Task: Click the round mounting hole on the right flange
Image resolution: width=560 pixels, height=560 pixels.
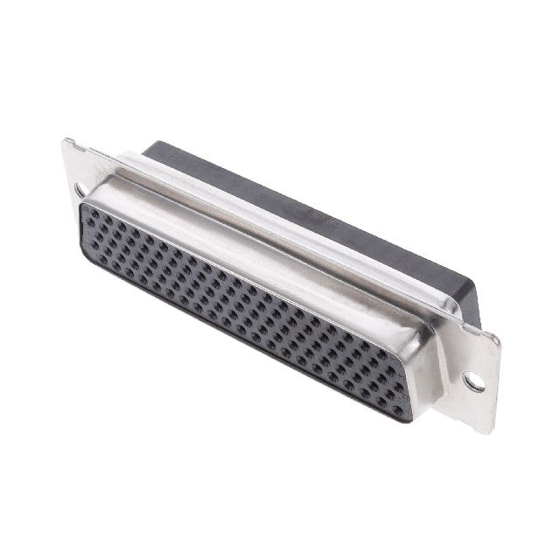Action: coord(472,381)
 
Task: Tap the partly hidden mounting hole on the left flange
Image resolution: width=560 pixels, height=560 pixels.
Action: coord(80,189)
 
